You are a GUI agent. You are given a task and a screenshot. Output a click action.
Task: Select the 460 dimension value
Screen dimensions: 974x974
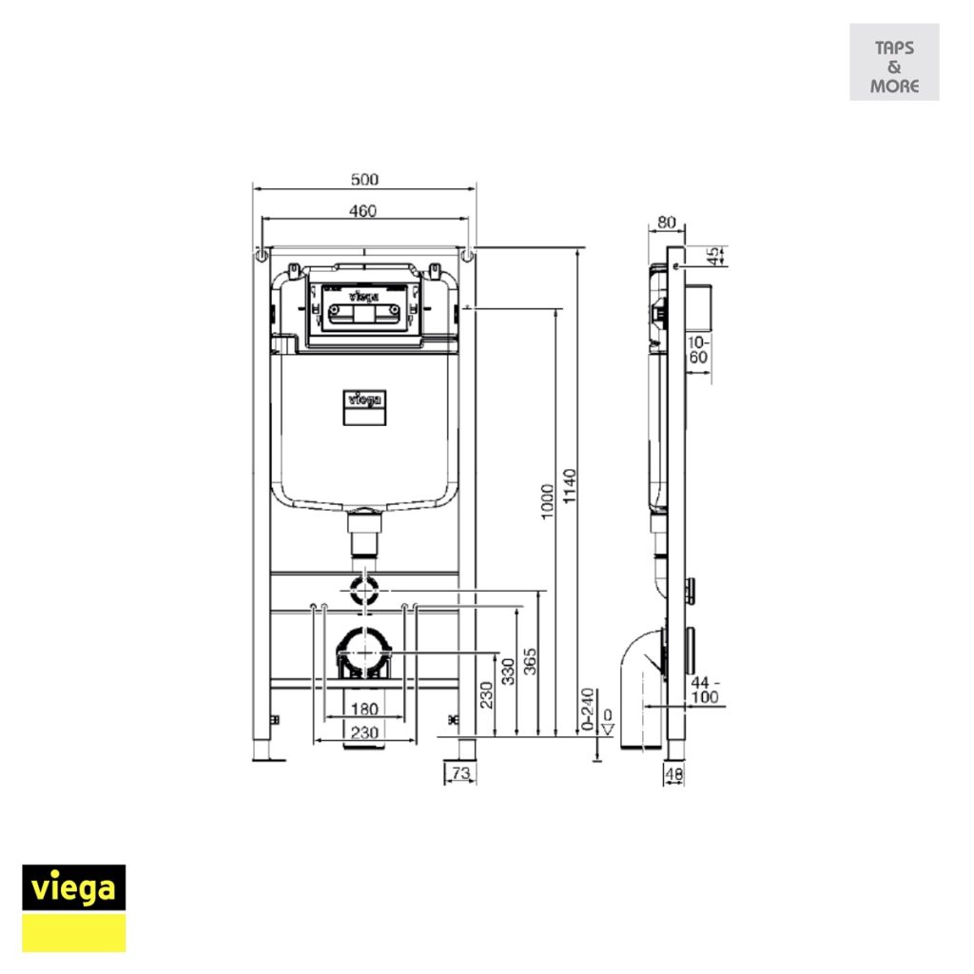(x=362, y=211)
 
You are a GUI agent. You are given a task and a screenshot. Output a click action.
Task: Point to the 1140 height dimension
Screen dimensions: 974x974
(x=570, y=487)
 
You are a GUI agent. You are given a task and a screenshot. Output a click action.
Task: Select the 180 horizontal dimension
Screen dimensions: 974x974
(x=364, y=709)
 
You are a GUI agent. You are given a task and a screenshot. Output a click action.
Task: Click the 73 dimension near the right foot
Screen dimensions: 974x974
(x=460, y=774)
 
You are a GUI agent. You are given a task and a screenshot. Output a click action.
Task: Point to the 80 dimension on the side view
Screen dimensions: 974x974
(x=666, y=223)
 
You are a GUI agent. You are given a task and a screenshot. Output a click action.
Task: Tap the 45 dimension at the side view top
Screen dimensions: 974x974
(x=714, y=256)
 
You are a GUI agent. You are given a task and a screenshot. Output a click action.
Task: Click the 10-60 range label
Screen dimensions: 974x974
(x=699, y=349)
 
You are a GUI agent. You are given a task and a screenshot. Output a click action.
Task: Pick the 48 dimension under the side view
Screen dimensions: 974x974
(x=673, y=774)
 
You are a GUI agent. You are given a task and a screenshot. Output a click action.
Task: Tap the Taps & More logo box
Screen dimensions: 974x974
(x=894, y=63)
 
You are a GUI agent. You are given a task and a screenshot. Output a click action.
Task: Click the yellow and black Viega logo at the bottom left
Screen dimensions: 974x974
(x=74, y=907)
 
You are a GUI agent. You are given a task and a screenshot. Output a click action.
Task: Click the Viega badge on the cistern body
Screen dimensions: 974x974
(x=364, y=407)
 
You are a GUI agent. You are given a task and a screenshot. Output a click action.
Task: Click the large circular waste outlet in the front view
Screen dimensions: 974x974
(x=364, y=654)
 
